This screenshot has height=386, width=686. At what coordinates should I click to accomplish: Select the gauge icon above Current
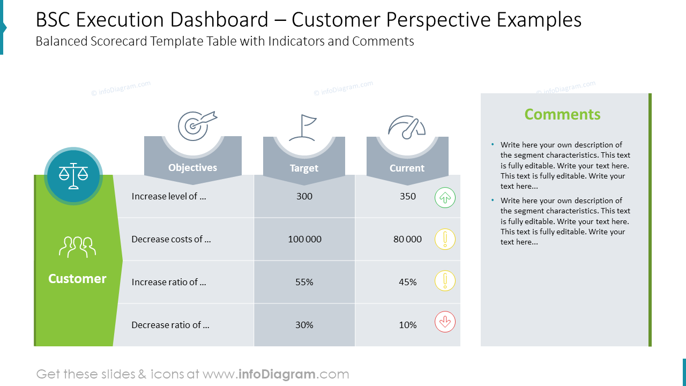coord(407,127)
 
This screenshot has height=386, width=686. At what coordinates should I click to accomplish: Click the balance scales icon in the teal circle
coord(73,176)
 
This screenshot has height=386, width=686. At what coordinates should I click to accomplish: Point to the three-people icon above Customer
coord(77,247)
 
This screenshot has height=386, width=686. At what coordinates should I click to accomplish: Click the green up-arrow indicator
coord(445,198)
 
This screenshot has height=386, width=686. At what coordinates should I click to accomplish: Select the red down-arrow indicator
coord(445,322)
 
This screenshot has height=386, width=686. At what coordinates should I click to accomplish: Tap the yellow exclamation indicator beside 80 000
coord(445,239)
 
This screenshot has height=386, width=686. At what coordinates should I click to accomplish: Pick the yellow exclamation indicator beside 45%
coord(445,281)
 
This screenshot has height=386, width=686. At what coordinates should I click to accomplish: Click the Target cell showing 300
coord(304,196)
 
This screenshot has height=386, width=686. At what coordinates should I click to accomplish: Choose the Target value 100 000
coord(304,239)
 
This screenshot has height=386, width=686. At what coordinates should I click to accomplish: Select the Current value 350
coord(408,196)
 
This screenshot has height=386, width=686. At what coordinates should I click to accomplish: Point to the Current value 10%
coord(408,325)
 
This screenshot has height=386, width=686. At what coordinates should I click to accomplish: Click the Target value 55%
coord(304,282)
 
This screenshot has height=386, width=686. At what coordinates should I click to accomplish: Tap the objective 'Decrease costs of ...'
coord(171,239)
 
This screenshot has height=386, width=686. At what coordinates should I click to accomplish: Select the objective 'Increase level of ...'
coord(169,196)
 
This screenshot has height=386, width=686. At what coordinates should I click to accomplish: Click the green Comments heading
coord(562,114)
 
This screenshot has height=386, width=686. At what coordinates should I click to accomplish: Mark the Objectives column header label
coord(192,168)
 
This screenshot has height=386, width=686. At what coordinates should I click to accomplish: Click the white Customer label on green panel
coord(77,279)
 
